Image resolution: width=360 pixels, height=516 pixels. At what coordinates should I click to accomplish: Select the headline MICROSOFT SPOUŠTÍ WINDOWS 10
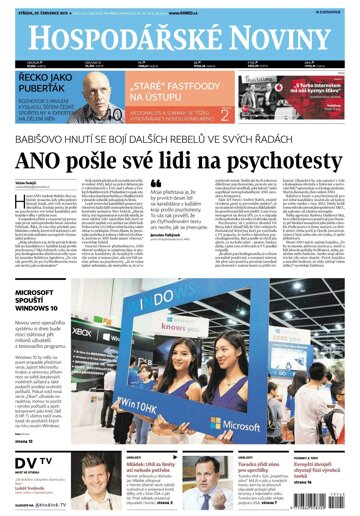click(38, 299)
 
